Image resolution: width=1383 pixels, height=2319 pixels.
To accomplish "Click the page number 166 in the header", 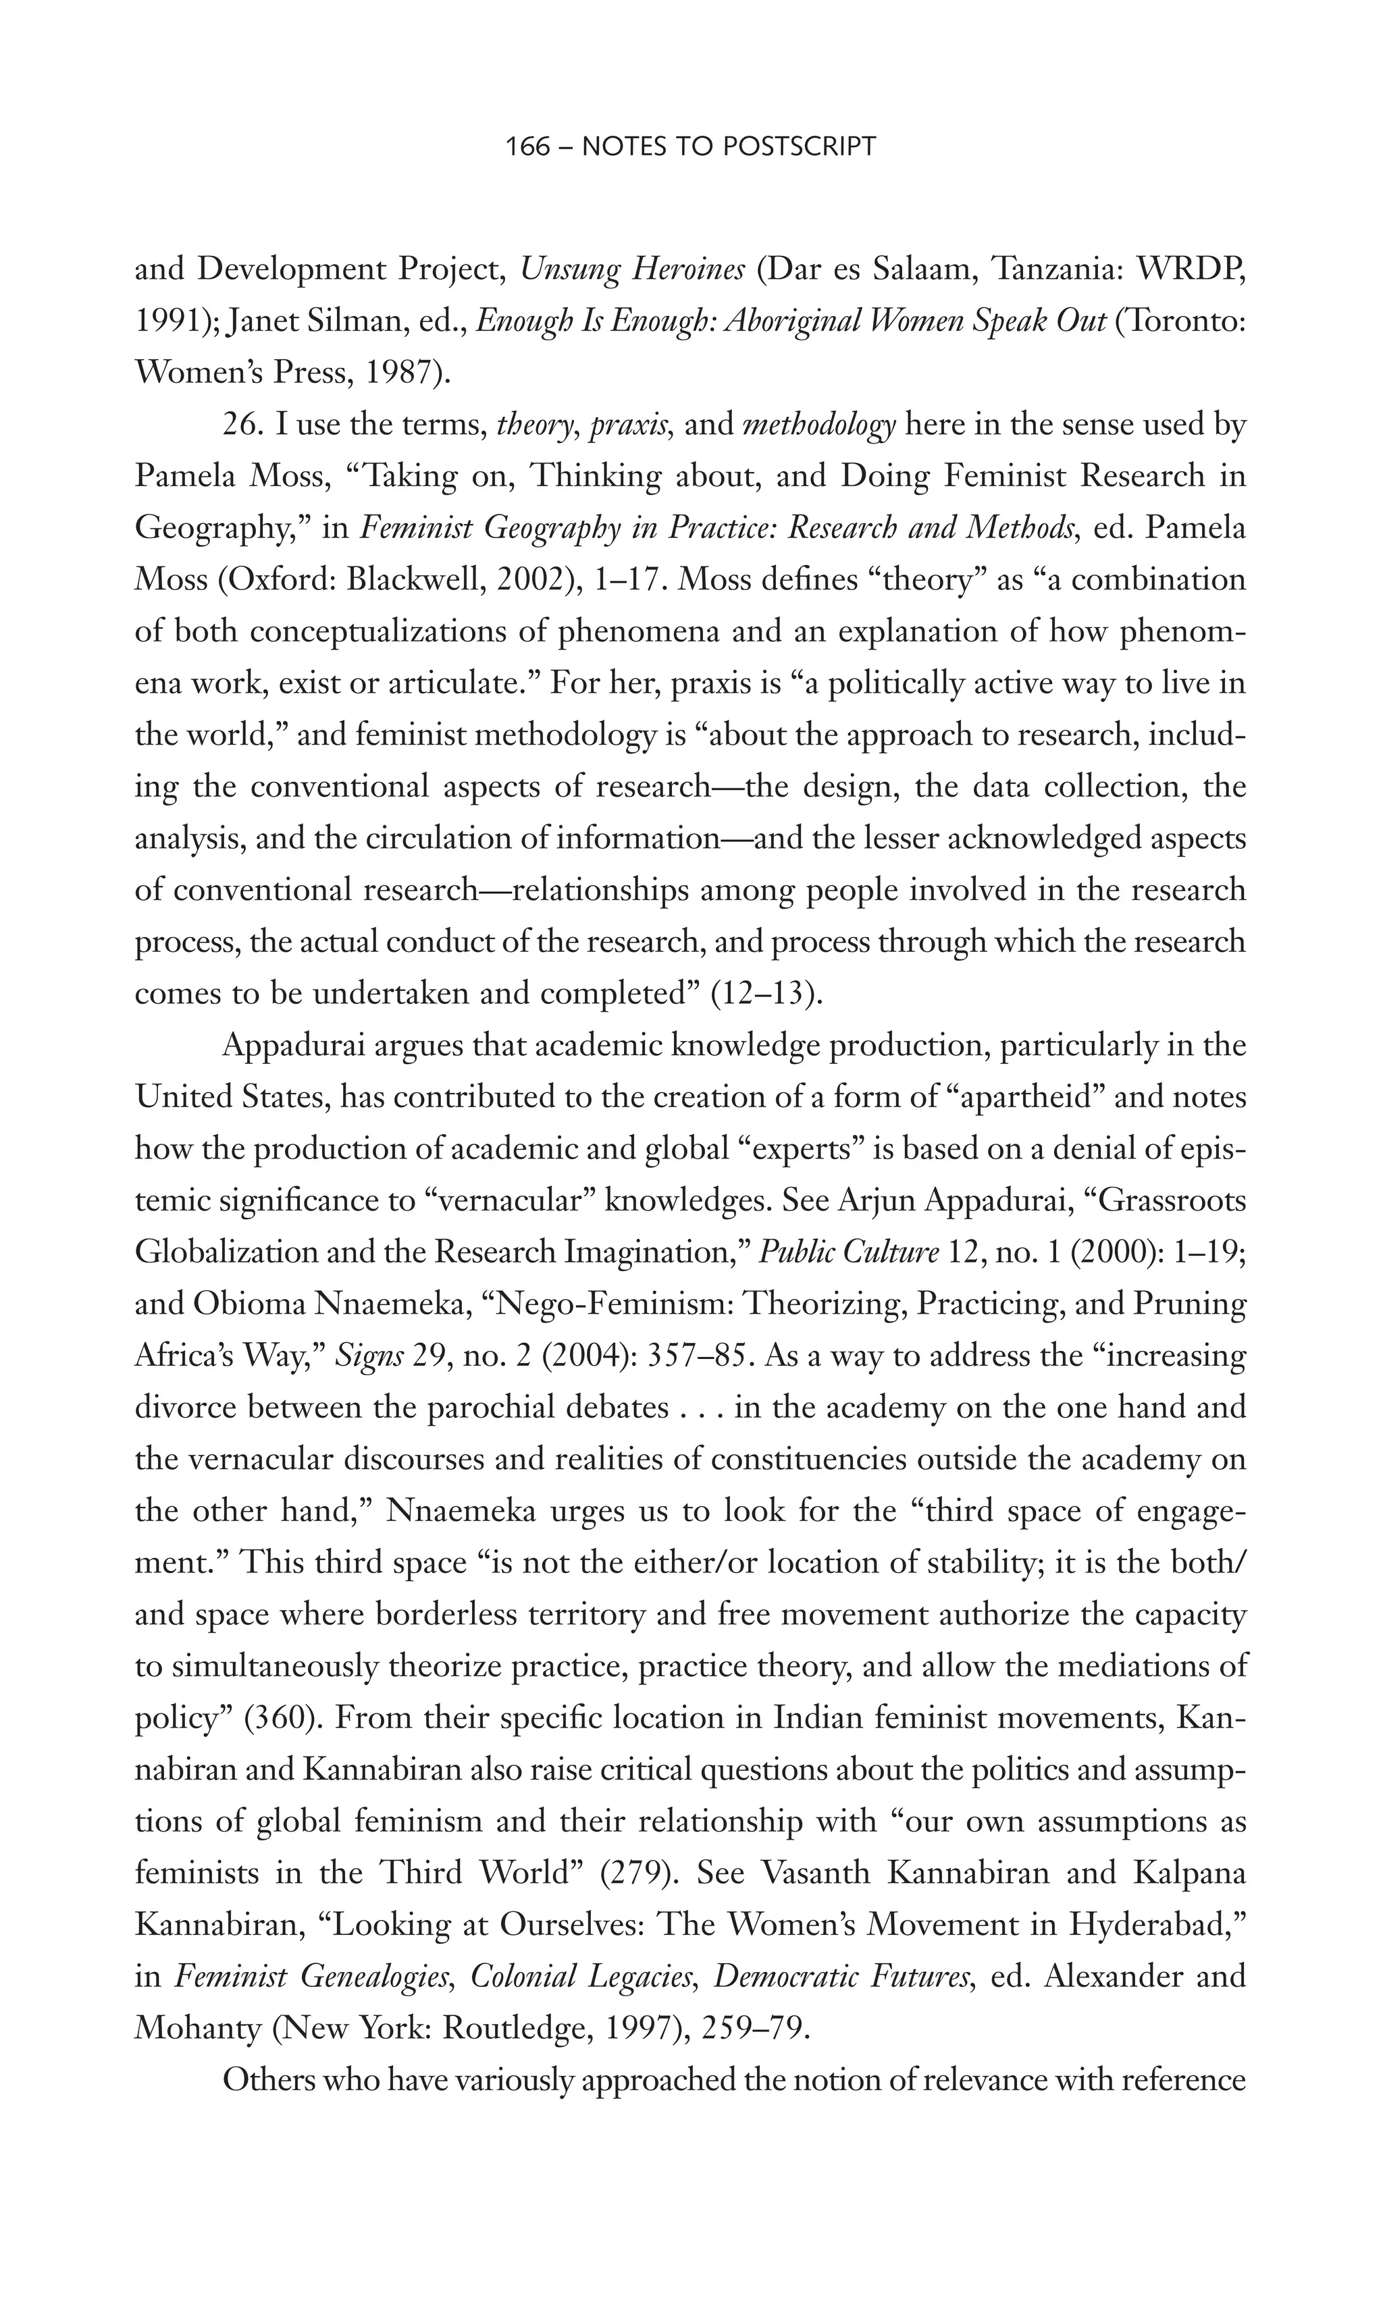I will pyautogui.click(x=527, y=146).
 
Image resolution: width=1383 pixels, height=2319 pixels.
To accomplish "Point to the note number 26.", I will pyautogui.click(x=240, y=425).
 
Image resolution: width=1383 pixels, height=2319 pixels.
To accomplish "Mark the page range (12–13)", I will pyautogui.click(x=766, y=994).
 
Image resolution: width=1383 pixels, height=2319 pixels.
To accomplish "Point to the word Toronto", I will pyautogui.click(x=1184, y=321).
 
